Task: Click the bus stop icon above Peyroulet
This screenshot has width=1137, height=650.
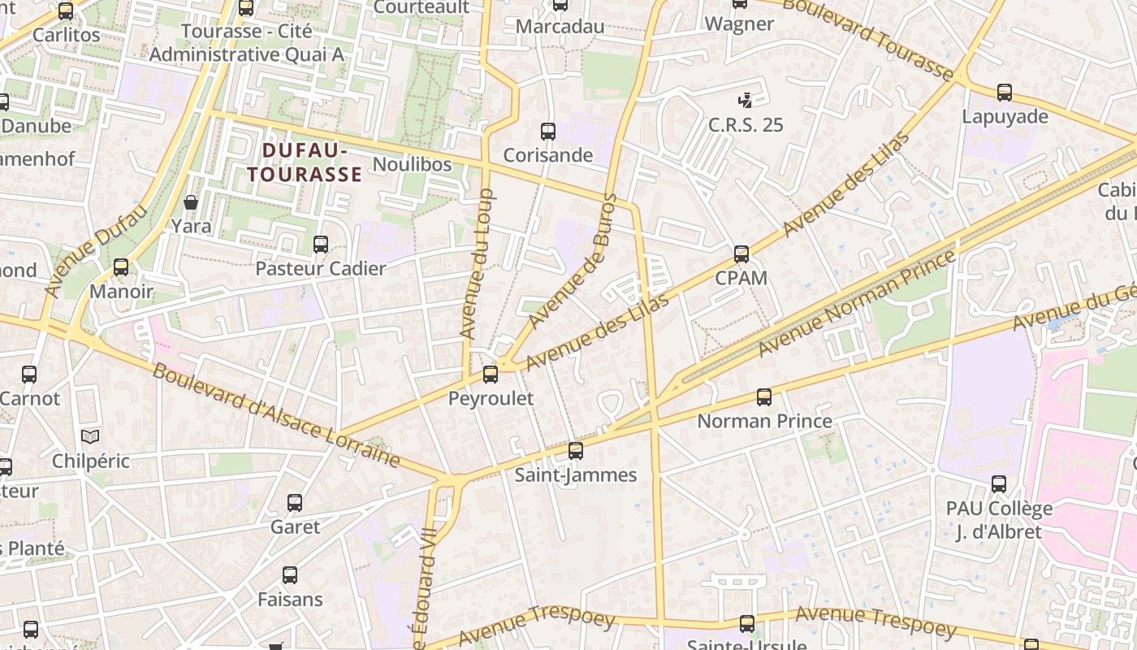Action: coord(491,375)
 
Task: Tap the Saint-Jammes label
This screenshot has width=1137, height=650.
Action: coord(576,474)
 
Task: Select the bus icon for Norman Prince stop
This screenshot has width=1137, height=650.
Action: coord(764,397)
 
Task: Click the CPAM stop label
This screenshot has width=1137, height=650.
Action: coord(741,278)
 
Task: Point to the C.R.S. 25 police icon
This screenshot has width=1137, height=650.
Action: coord(745,101)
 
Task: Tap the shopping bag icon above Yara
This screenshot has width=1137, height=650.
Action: coord(191,202)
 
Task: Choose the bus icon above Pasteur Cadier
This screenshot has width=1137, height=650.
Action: coord(321,245)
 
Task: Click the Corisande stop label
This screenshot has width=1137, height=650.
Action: coord(548,155)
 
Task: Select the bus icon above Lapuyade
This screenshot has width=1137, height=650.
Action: coord(1005,93)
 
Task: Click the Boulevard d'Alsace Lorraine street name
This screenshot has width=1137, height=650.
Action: coord(276,415)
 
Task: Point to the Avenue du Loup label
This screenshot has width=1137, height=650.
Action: coord(477,264)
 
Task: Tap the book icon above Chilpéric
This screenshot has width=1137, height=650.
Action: coord(90,437)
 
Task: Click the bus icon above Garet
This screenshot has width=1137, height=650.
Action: coord(295,503)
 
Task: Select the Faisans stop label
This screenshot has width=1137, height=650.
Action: coord(290,600)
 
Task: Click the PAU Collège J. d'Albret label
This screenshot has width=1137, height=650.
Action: coord(999,520)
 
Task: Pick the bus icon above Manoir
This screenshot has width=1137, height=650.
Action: coord(121,267)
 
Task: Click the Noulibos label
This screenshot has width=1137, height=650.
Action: coord(412,164)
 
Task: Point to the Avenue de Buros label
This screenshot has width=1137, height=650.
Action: coord(573,262)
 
